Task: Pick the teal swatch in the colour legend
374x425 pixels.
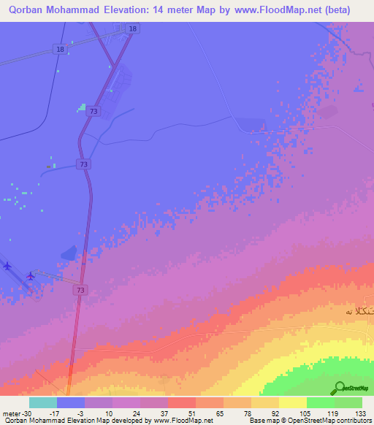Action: [43, 402]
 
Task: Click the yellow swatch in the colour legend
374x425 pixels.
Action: [292, 402]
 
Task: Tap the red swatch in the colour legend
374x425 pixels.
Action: [181, 402]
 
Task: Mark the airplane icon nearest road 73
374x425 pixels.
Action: [30, 276]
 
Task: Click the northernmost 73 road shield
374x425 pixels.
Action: [93, 112]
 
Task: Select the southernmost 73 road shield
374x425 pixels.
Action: [78, 291]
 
